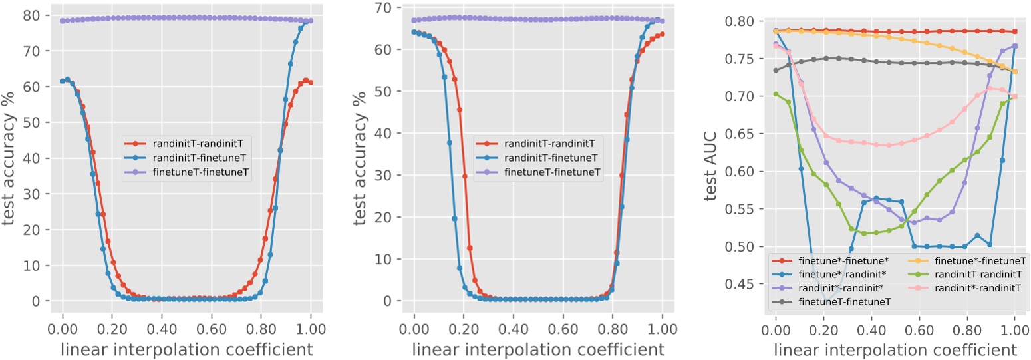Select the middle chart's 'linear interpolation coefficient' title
tap(537, 349)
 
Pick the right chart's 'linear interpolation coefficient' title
tap(895, 349)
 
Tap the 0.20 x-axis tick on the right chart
tap(823, 329)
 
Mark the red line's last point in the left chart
tap(311, 83)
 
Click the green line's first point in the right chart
tap(776, 94)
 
